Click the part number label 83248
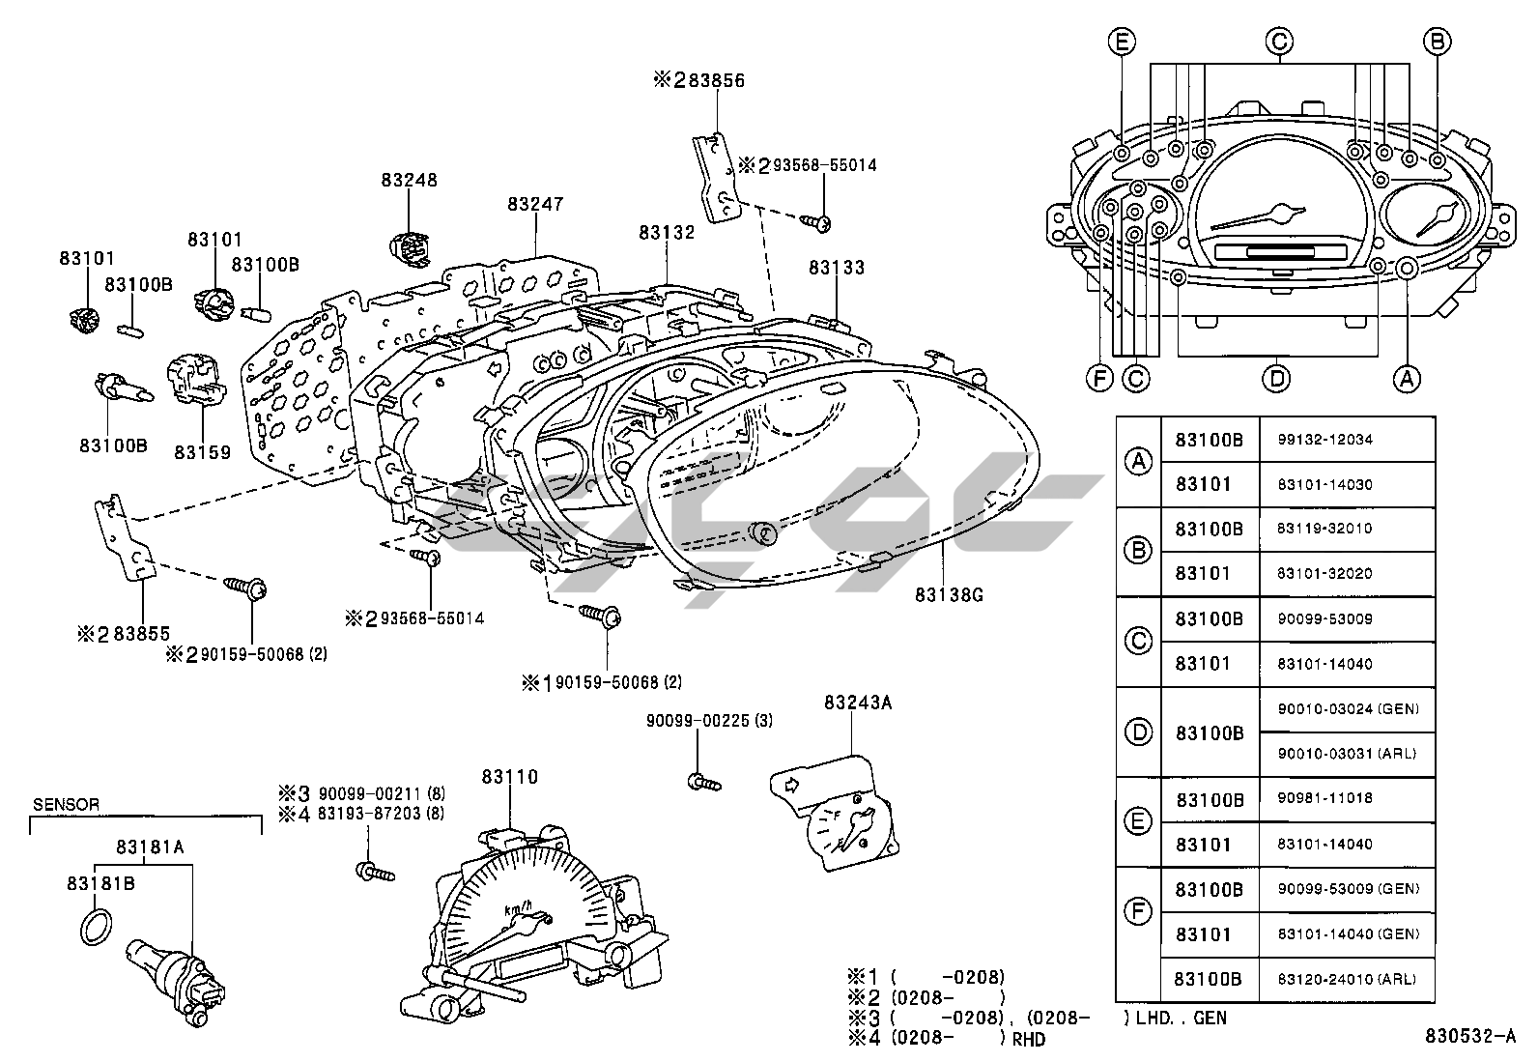point(409,180)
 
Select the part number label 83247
point(535,204)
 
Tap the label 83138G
point(949,595)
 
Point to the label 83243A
point(857,703)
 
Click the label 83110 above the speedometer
point(509,776)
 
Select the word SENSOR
point(66,804)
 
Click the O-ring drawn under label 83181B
point(92,927)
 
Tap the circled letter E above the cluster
point(1122,42)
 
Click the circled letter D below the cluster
point(1277,378)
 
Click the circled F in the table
point(1139,910)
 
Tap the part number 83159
point(202,450)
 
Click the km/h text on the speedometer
point(518,908)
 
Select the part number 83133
point(837,267)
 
